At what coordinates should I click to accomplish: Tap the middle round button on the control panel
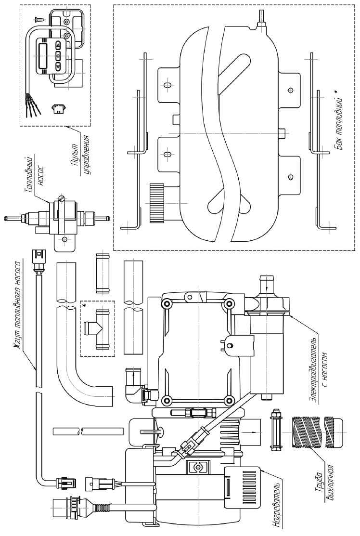[x=59, y=56]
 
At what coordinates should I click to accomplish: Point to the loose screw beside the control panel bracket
[x=38, y=20]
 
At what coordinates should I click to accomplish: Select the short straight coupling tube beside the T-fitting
[x=103, y=272]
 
